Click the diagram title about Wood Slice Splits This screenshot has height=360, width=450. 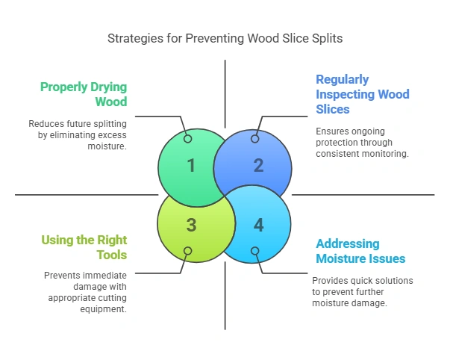[x=225, y=38]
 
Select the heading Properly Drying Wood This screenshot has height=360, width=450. [x=83, y=93]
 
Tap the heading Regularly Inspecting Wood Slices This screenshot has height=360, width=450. [x=362, y=95]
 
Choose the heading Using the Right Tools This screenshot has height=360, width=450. [x=84, y=247]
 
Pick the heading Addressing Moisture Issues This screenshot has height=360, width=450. [x=360, y=251]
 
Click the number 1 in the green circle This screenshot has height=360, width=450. [x=191, y=165]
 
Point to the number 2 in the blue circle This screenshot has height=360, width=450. [x=258, y=165]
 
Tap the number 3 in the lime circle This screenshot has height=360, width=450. [x=191, y=225]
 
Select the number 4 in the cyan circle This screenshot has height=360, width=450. [x=258, y=225]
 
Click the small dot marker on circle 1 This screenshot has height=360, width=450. [x=187, y=139]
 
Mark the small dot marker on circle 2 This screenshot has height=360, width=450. [x=255, y=139]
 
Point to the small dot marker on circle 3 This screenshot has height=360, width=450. [x=187, y=251]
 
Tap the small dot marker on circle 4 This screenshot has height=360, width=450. [x=255, y=251]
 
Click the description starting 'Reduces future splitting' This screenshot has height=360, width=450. [x=78, y=134]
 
